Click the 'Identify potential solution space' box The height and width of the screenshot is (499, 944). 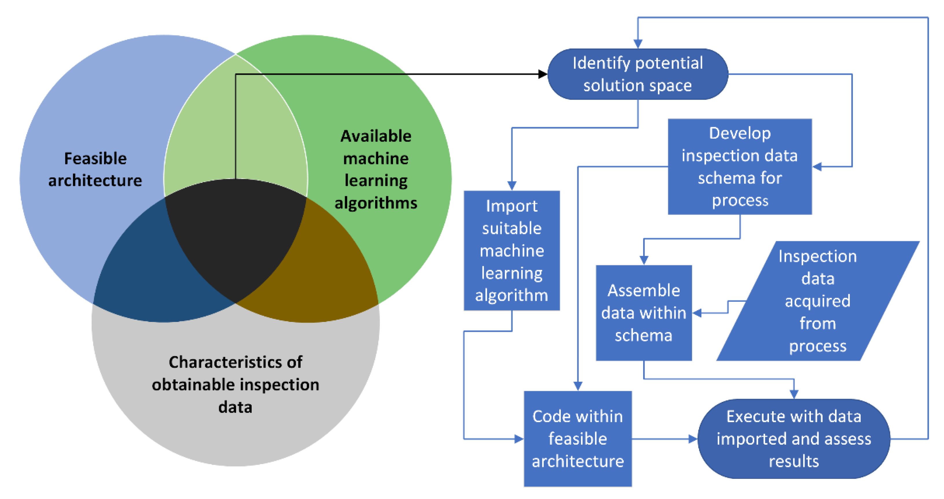coord(638,74)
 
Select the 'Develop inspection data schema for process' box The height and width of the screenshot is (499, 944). coord(740,167)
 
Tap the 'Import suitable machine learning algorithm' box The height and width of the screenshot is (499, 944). coord(512,251)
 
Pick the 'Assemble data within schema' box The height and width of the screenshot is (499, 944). coord(644,313)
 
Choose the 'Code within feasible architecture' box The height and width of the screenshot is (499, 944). coord(578,439)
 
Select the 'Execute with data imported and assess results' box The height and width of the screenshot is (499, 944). coord(794,439)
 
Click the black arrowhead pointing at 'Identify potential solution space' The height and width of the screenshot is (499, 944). coord(543,74)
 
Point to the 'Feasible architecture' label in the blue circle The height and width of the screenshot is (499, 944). coord(95,169)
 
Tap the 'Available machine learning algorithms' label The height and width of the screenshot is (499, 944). coord(376,169)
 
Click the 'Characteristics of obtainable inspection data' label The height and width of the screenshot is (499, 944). coord(236,384)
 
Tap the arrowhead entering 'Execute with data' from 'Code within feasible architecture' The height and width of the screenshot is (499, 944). coord(693,439)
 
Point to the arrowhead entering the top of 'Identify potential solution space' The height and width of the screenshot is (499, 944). coord(638,44)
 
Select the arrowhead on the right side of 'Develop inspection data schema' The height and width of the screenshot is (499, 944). coord(817,167)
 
